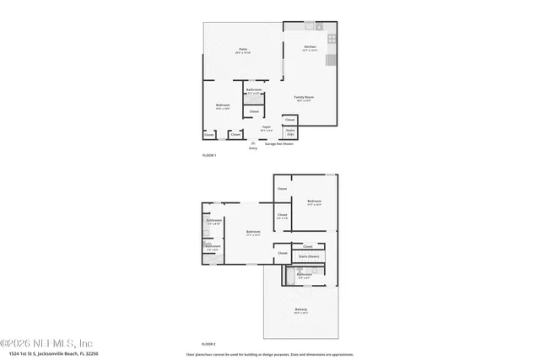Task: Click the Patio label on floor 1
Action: [243, 51]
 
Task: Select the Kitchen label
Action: [310, 47]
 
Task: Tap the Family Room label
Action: [304, 98]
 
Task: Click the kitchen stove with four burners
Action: [332, 39]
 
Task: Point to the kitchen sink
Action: [310, 26]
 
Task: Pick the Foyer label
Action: [266, 128]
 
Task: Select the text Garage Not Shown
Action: [280, 144]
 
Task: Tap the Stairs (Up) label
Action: [290, 132]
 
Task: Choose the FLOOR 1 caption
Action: [209, 156]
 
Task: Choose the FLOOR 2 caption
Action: [208, 344]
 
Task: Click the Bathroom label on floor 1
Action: [254, 90]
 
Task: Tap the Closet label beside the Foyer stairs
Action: [289, 120]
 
